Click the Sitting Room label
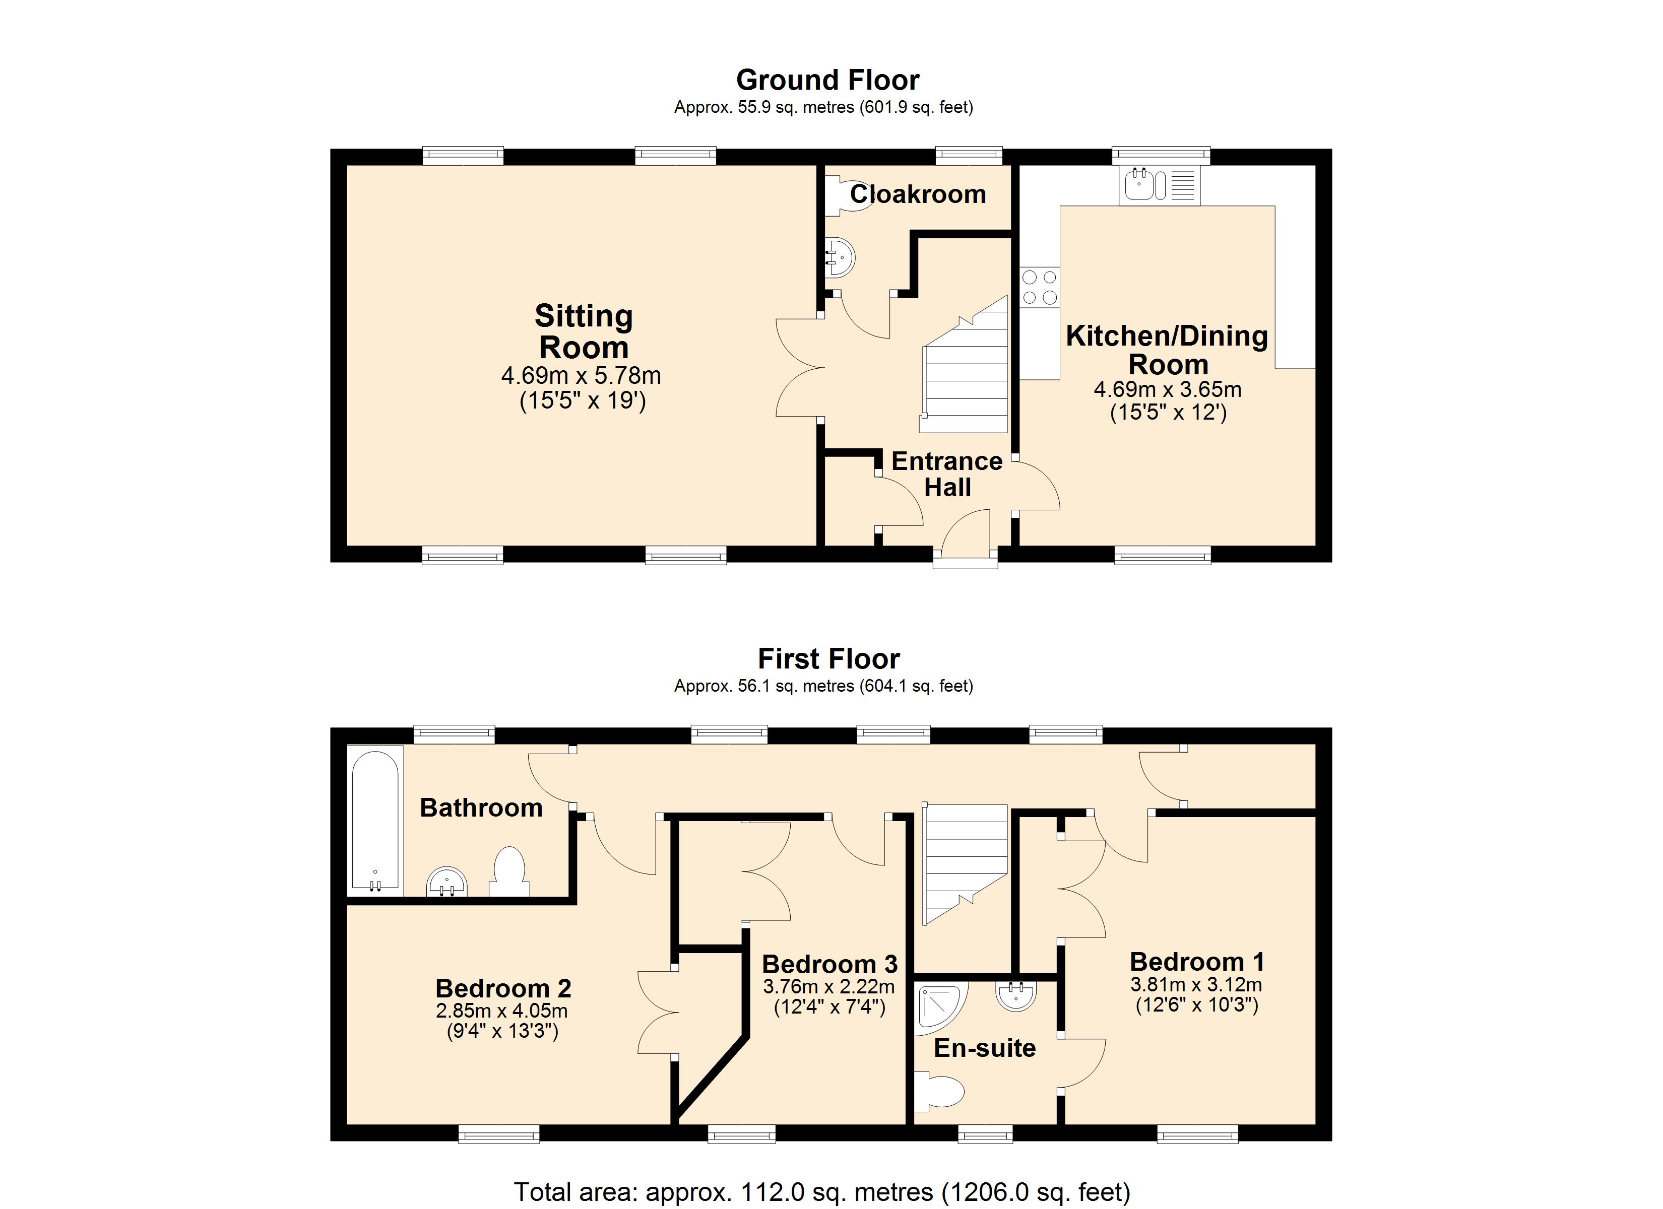(584, 331)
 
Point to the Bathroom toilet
(509, 872)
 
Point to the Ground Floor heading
(828, 79)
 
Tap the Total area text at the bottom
(822, 1191)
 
